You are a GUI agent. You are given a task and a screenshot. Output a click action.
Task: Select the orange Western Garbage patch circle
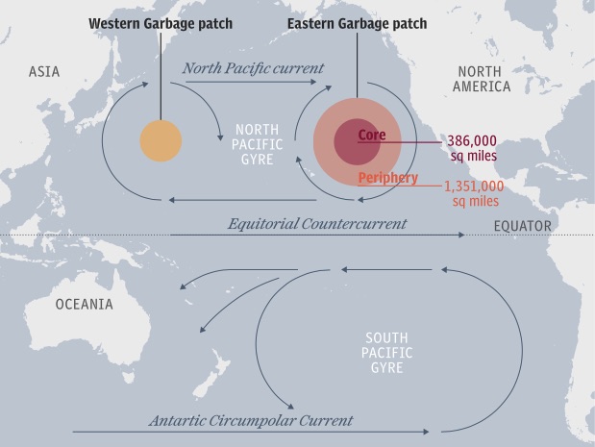(x=161, y=141)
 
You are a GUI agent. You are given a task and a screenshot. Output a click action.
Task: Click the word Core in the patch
(x=371, y=136)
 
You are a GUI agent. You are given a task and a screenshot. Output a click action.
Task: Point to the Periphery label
(x=387, y=179)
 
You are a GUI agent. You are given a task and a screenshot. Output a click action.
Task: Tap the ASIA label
(x=44, y=72)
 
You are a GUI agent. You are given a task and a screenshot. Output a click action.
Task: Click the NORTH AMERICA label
(x=483, y=80)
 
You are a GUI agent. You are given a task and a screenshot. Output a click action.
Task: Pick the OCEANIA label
(x=84, y=305)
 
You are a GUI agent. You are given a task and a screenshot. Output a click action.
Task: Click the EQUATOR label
(x=523, y=227)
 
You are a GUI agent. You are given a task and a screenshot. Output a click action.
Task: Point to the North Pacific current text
(x=254, y=69)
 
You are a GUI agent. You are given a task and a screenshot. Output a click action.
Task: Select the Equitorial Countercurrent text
(x=317, y=224)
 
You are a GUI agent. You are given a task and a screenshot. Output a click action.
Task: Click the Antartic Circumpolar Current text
(x=250, y=421)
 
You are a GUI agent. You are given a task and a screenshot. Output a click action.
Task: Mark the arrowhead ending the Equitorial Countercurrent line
(x=460, y=235)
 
